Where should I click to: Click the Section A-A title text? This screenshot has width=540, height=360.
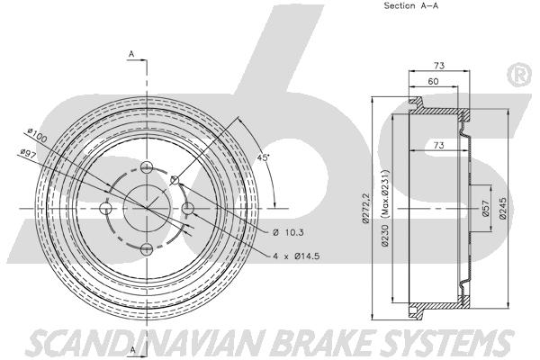pos(411,6)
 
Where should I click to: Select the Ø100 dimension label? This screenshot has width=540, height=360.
pos(37,136)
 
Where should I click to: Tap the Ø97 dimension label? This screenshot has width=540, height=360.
pos(29,154)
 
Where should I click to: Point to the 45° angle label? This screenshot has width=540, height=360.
pos(264,157)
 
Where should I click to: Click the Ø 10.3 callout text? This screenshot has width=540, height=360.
pos(289,233)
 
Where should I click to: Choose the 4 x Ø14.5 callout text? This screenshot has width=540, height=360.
pos(296,256)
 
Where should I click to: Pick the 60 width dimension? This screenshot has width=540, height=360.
pos(433,81)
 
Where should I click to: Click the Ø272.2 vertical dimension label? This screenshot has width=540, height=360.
pos(365,208)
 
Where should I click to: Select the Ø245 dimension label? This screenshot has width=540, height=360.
pos(502,208)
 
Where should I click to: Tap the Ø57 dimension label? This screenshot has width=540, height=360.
pos(486,208)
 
